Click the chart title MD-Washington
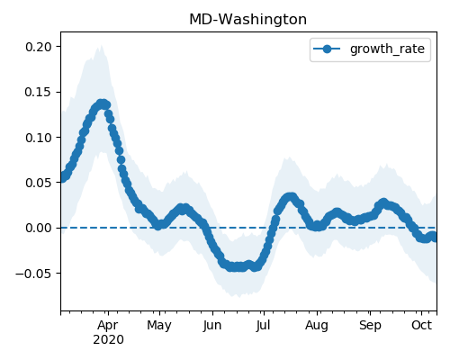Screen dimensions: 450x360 248,20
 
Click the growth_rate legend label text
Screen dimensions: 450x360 387,49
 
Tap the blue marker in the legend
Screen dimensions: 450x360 327,49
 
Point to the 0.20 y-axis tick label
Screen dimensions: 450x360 39,47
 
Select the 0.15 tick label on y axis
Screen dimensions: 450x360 39,92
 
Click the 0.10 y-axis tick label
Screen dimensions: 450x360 39,138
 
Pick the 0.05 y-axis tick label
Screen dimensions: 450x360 39,183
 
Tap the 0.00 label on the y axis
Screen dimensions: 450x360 39,228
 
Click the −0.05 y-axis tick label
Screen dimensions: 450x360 34,274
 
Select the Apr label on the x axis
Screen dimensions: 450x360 108,325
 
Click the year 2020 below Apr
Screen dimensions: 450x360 108,340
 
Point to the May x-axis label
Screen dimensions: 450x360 159,326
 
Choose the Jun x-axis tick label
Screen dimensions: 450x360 212,325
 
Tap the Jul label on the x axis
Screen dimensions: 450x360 263,325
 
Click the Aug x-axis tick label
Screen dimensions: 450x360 317,326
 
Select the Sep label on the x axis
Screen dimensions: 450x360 370,326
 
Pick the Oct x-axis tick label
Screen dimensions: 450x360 421,325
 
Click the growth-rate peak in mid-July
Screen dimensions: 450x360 290,197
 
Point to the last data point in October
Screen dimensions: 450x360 435,238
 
